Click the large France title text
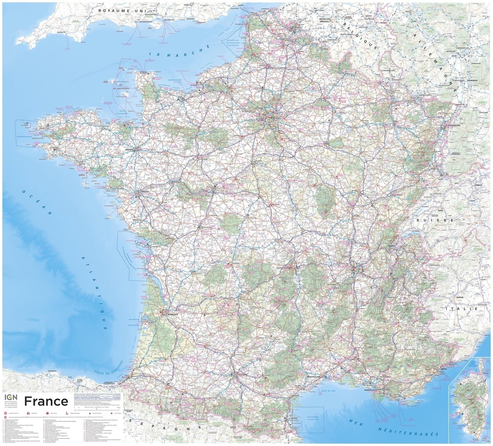pos(46,401)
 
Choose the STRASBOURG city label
pos(455,125)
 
